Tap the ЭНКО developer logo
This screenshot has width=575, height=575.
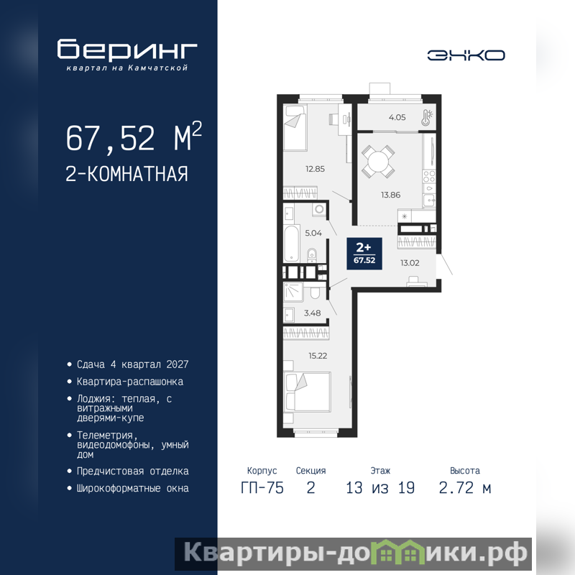tap(466, 55)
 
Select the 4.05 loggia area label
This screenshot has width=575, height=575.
tap(397, 117)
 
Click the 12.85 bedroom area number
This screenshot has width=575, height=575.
tap(315, 169)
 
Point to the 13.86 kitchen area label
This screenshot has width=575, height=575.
tap(390, 195)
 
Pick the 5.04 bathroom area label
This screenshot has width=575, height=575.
tap(313, 233)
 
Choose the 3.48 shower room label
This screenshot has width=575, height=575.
tap(312, 313)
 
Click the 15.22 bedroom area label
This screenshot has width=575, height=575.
tap(318, 356)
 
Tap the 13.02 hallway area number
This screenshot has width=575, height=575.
tap(410, 263)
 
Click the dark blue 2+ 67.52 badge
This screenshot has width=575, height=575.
tap(364, 254)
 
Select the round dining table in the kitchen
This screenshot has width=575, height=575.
tap(378, 161)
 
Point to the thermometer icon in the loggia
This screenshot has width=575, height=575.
tap(427, 117)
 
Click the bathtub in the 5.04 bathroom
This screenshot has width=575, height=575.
tap(292, 244)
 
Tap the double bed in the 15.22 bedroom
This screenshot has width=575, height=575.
tap(308, 392)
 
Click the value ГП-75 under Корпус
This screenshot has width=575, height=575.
tap(262, 488)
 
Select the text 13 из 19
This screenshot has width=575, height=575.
tap(380, 488)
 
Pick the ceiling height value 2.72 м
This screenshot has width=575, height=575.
tap(465, 488)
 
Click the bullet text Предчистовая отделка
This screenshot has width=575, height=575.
tap(133, 471)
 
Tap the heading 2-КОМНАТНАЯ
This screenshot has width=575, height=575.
tap(127, 174)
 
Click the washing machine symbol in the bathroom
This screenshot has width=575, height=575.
tap(319, 209)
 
